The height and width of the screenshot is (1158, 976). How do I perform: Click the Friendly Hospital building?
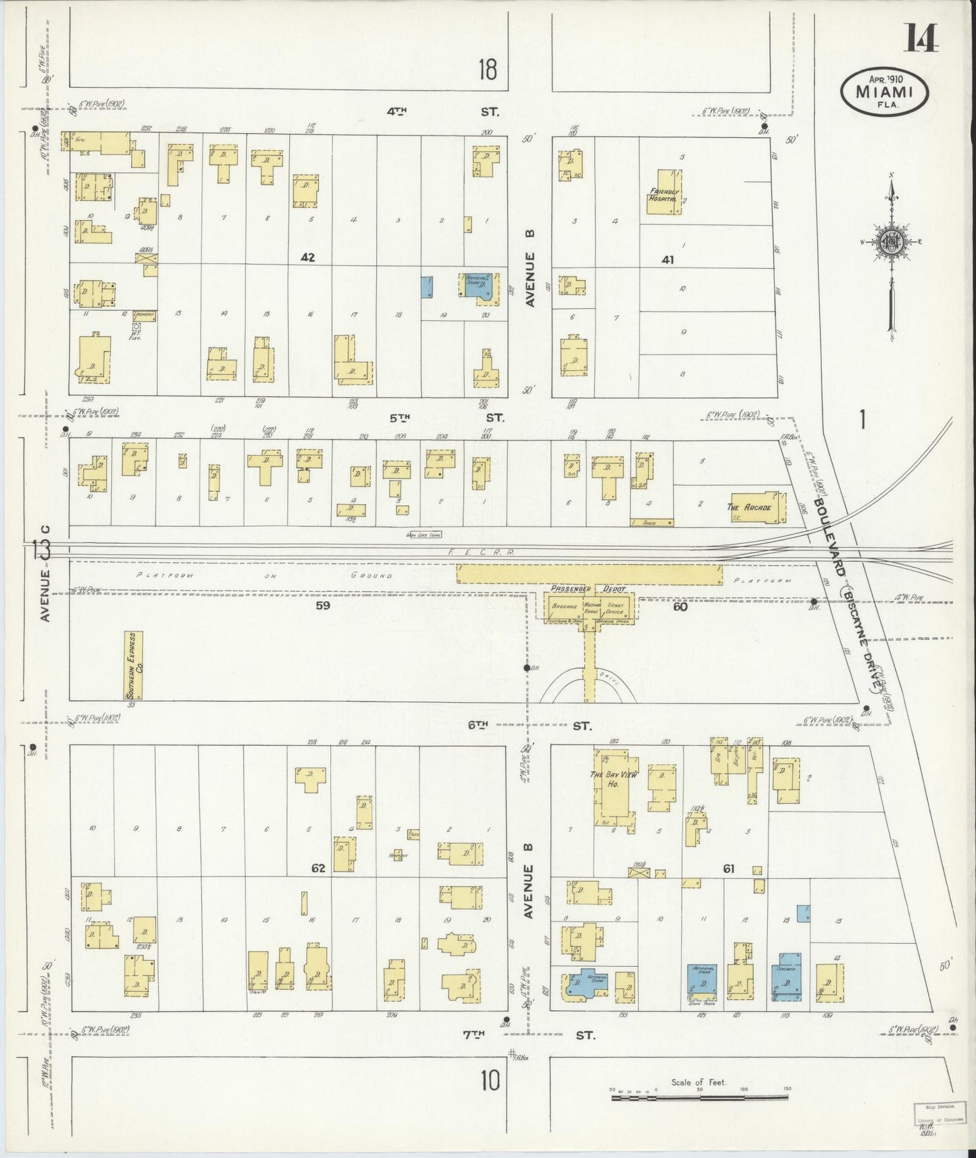(665, 192)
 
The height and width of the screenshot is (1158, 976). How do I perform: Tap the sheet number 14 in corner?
(922, 41)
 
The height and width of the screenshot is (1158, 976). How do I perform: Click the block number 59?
(323, 606)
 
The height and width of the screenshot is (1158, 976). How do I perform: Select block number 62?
(318, 868)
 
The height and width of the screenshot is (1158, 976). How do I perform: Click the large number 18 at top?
(487, 69)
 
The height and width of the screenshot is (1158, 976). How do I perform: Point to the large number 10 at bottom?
(490, 1081)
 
